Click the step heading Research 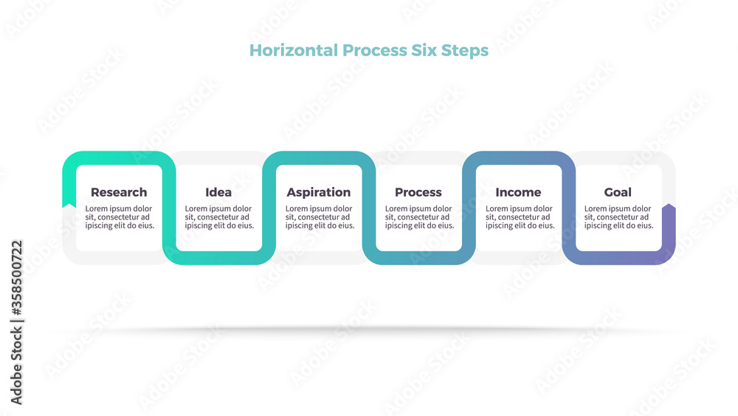pyautogui.click(x=119, y=192)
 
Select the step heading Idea pyautogui.click(x=218, y=192)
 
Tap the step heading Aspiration pyautogui.click(x=319, y=193)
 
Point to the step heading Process pyautogui.click(x=418, y=192)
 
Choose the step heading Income pyautogui.click(x=518, y=192)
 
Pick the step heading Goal pyautogui.click(x=618, y=192)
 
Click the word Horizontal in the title pyautogui.click(x=294, y=50)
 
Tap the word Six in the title pyautogui.click(x=424, y=50)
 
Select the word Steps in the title pyautogui.click(x=464, y=51)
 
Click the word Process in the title pyautogui.click(x=375, y=50)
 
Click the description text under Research pyautogui.click(x=120, y=217)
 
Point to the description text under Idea pyautogui.click(x=219, y=217)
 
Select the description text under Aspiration pyautogui.click(x=320, y=217)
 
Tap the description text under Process pyautogui.click(x=420, y=217)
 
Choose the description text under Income pyautogui.click(x=520, y=217)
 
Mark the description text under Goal pyautogui.click(x=619, y=217)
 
